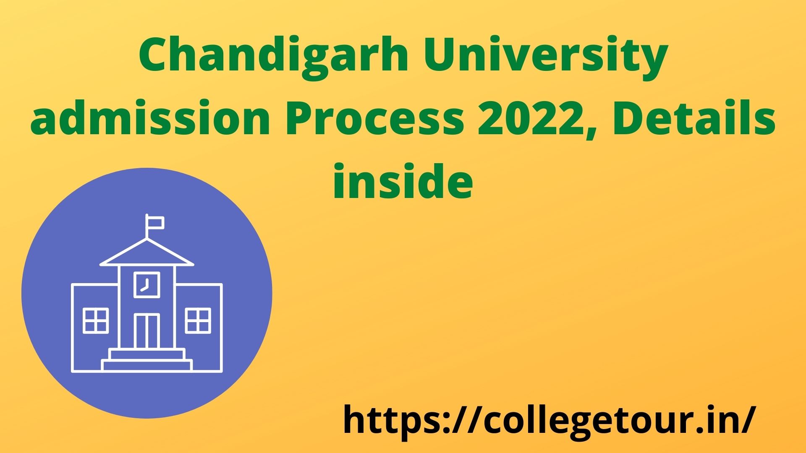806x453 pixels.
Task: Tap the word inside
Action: tap(403, 180)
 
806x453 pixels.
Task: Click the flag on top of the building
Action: tap(154, 222)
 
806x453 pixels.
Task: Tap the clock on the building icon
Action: tap(147, 284)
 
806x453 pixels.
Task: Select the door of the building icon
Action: tap(147, 331)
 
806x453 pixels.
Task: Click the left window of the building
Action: tap(96, 320)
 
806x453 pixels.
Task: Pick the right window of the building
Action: tap(198, 320)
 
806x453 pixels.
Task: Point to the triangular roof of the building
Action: tap(147, 253)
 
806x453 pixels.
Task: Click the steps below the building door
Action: tap(147, 359)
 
